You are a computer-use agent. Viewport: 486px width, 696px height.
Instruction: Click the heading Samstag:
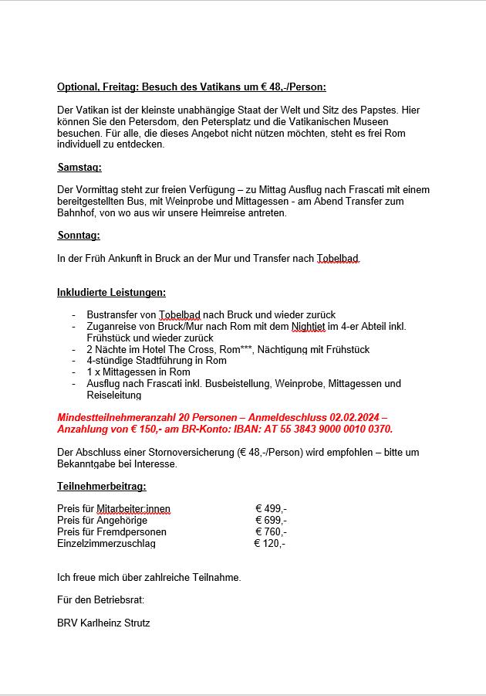79,167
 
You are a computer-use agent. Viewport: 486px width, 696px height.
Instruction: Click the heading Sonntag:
79,235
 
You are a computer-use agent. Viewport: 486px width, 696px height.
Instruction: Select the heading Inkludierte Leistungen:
111,292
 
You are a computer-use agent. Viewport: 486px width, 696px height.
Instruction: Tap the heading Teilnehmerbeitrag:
101,486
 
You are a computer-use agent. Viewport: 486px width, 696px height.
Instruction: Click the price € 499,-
271,508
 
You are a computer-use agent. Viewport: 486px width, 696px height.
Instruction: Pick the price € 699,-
271,520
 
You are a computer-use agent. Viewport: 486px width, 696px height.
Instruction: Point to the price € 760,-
271,531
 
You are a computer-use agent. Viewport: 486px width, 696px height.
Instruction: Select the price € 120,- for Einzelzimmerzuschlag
270,543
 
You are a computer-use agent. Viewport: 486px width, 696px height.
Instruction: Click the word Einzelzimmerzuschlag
106,543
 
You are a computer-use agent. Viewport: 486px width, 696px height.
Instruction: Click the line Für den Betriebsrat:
100,599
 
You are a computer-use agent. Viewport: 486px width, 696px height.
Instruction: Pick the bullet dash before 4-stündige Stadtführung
74,361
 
